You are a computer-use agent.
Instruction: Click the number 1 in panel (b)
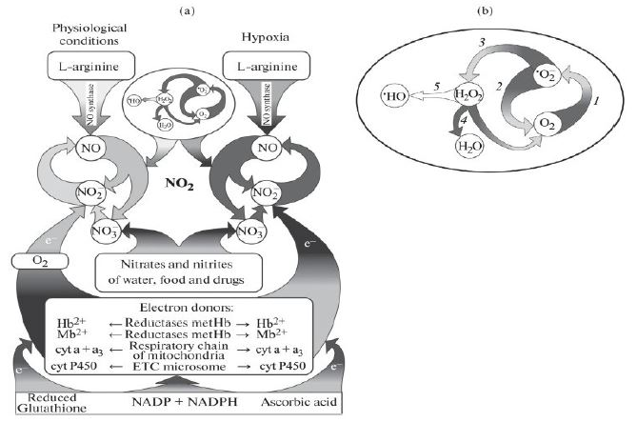point(596,99)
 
